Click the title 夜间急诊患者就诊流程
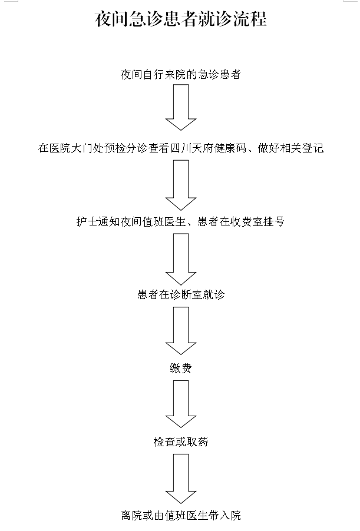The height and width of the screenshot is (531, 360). [x=180, y=20]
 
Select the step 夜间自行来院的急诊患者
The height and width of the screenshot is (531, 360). [x=180, y=75]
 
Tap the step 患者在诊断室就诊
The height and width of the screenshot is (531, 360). [x=180, y=295]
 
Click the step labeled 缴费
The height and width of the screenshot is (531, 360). [x=180, y=369]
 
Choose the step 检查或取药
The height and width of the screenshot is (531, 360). [x=180, y=442]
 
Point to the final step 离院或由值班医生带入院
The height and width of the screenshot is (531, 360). [x=180, y=516]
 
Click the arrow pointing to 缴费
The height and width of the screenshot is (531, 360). [x=180, y=331]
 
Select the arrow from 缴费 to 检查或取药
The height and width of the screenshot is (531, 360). [x=180, y=405]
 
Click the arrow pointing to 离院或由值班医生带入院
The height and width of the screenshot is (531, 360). [x=180, y=478]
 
